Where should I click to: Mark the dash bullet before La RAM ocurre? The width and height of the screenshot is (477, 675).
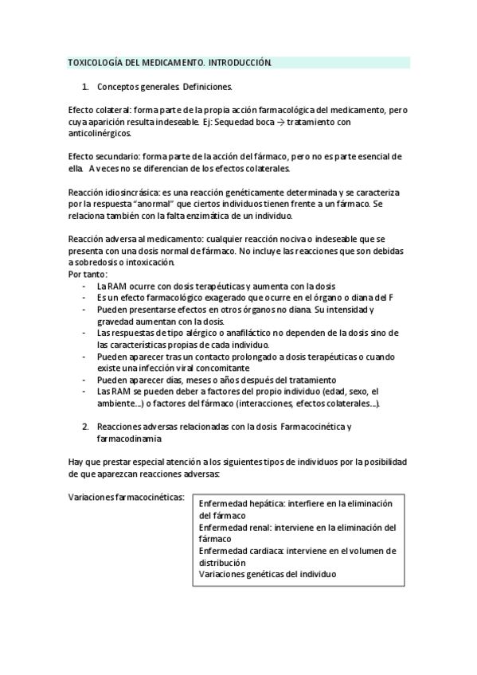tap(84, 286)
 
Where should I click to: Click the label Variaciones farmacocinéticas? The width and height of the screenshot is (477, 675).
tap(127, 497)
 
